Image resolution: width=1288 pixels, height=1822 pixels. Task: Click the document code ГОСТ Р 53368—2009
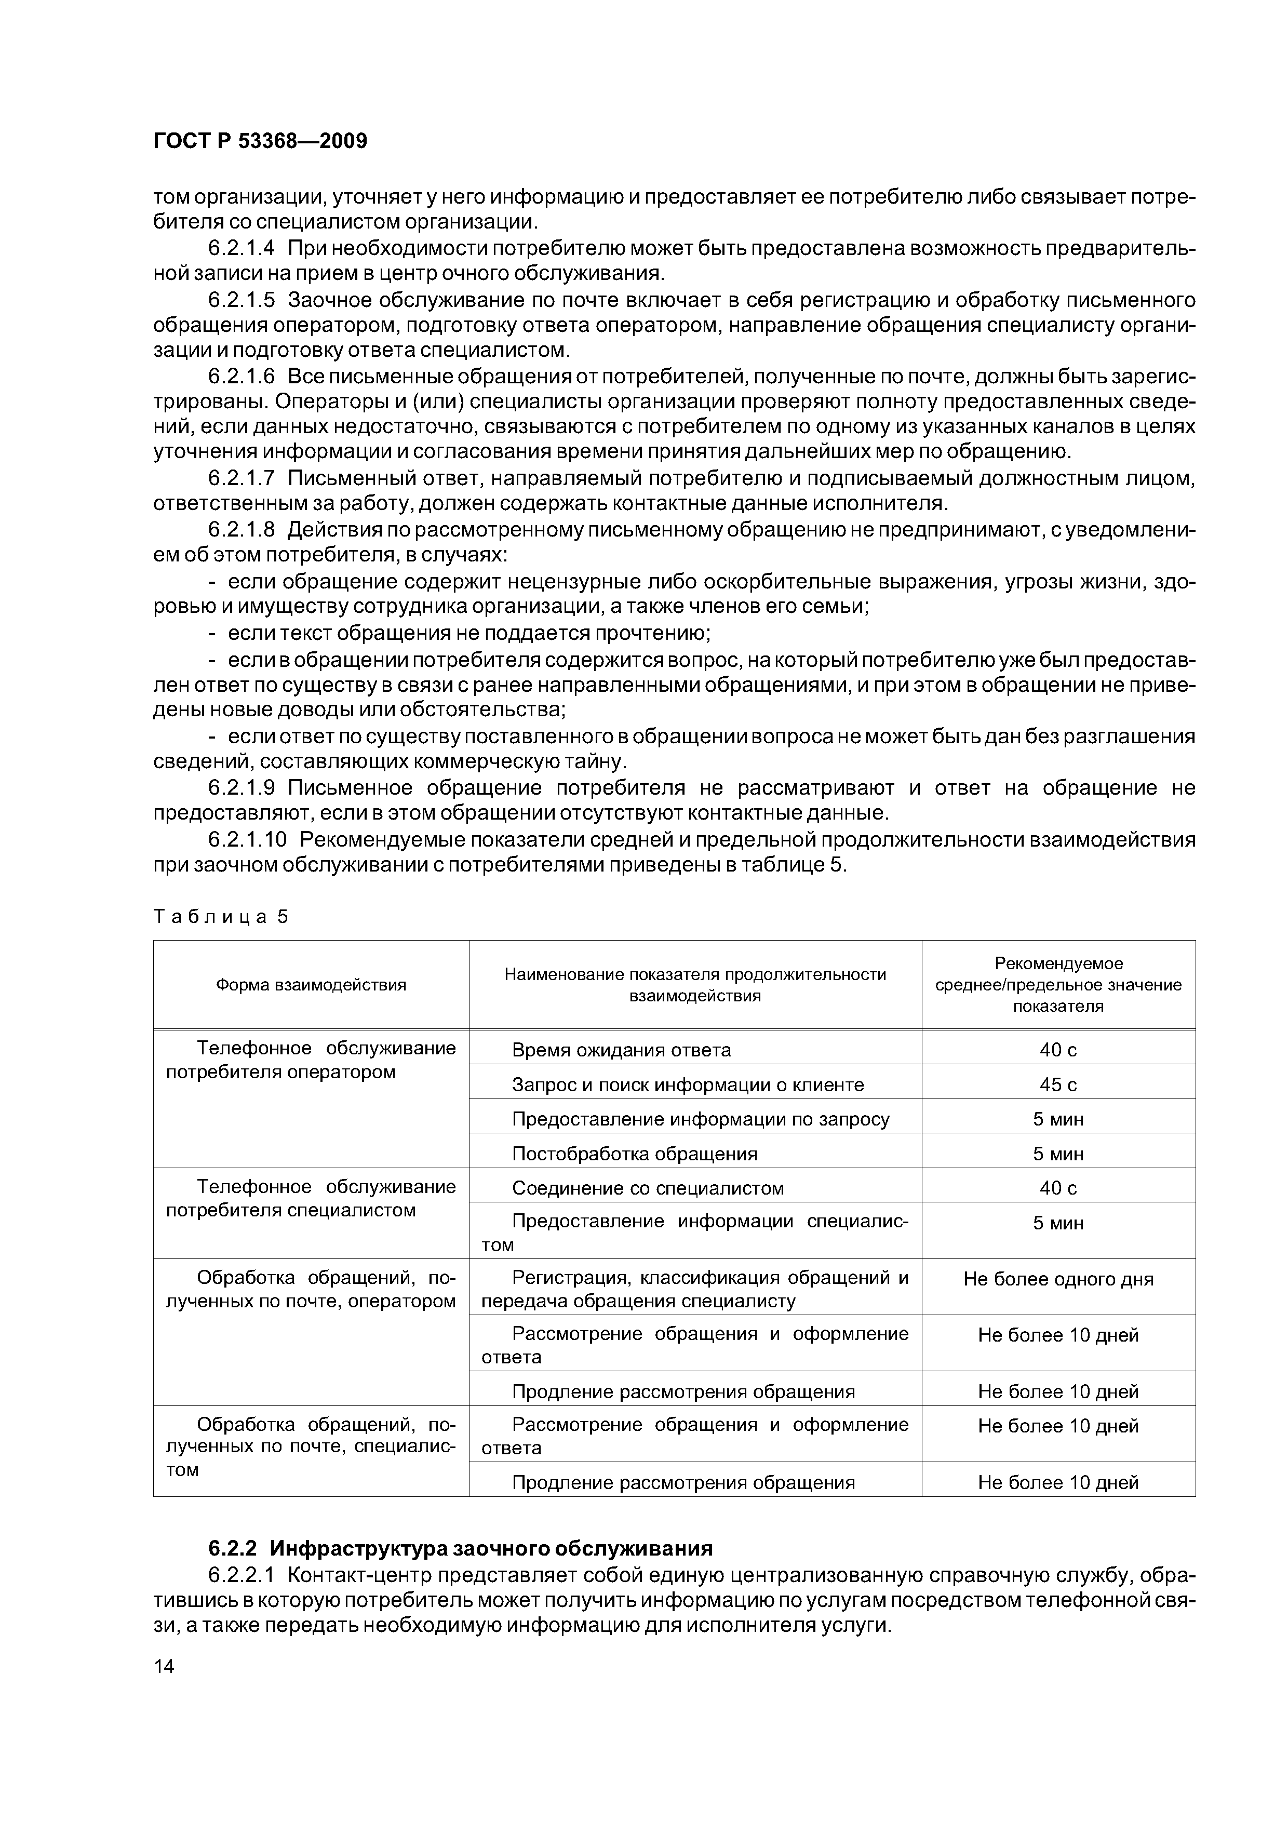click(x=260, y=141)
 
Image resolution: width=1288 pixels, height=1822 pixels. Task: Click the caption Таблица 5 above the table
click(x=221, y=917)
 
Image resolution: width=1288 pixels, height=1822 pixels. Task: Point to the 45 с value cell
click(x=1058, y=1085)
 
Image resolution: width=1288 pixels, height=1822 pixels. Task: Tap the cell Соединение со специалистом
click(x=648, y=1188)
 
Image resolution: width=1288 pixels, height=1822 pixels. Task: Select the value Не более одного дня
click(x=1058, y=1279)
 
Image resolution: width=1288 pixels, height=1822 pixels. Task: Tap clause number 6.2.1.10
click(x=248, y=839)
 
